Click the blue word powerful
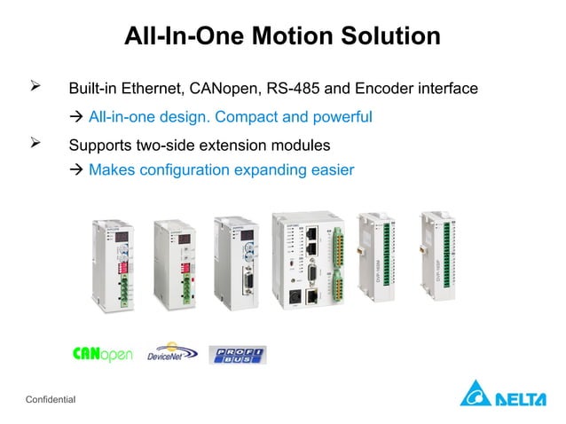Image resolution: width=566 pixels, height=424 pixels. pyautogui.click(x=341, y=116)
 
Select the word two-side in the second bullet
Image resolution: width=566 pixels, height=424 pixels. pyautogui.click(x=164, y=144)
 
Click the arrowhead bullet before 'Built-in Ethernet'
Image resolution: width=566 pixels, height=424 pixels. pyautogui.click(x=36, y=88)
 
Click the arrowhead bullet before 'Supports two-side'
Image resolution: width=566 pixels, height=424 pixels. pyautogui.click(x=36, y=143)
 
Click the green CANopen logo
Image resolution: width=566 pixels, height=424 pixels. pyautogui.click(x=103, y=355)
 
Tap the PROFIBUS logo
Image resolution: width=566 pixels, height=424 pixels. pyautogui.click(x=237, y=355)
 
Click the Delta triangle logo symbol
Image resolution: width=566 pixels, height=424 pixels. pyautogui.click(x=474, y=393)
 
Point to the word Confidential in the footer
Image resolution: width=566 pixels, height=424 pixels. pyautogui.click(x=51, y=401)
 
